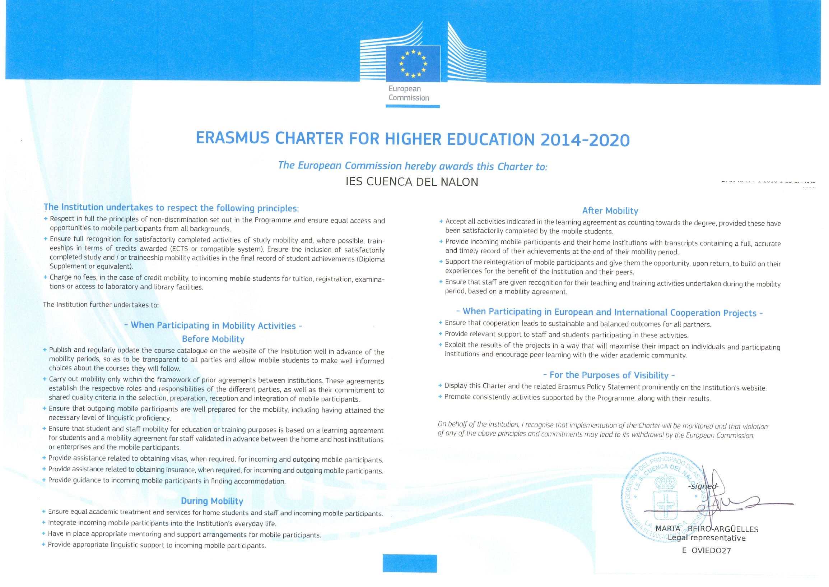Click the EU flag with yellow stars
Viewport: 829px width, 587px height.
point(413,64)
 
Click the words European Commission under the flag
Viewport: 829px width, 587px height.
point(409,93)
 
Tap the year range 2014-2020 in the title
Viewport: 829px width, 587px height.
point(585,140)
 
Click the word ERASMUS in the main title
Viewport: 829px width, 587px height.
point(233,138)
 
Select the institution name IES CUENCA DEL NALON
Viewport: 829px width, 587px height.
point(412,182)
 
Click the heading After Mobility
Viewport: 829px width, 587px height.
point(610,211)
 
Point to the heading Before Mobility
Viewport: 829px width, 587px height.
point(213,339)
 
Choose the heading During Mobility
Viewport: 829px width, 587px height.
point(212,501)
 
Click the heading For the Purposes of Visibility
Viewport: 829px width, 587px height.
point(609,375)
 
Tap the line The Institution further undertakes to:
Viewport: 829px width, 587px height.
point(101,305)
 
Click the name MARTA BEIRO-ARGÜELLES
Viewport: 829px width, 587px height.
point(707,529)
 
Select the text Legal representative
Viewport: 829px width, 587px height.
point(707,538)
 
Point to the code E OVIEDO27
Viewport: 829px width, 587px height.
point(706,551)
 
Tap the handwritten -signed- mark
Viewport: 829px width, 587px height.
point(703,486)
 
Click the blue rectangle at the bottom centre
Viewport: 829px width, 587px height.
point(410,564)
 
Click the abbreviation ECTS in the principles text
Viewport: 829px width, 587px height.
point(180,249)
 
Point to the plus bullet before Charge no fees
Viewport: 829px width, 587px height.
point(45,277)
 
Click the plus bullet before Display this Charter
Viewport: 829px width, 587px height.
point(440,386)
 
